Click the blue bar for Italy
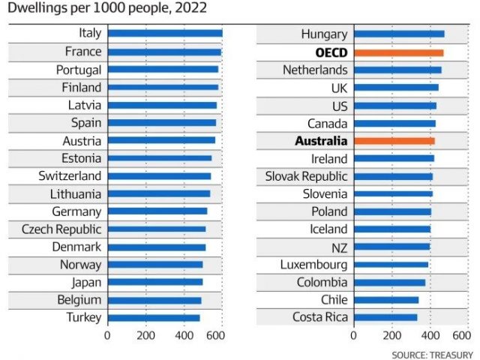[165, 33]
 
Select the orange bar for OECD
[398, 52]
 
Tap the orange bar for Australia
[394, 140]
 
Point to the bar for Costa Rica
[385, 317]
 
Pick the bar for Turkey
[154, 317]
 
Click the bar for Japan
[155, 282]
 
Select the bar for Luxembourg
[391, 265]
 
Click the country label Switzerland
[70, 175]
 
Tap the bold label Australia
[321, 140]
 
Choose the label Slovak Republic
[307, 176]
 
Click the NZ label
[338, 247]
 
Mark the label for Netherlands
[315, 70]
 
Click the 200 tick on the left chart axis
[145, 336]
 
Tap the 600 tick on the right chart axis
[462, 336]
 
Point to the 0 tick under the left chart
[107, 336]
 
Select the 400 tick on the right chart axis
[430, 336]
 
